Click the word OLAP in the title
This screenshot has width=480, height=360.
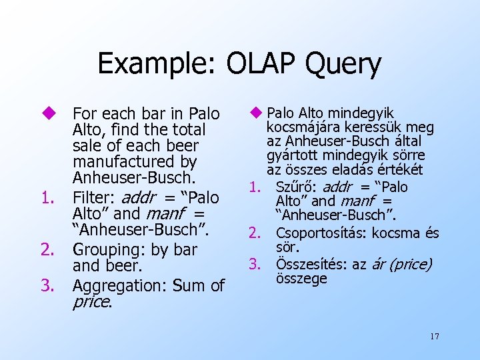(x=257, y=64)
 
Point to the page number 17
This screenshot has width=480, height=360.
(x=434, y=336)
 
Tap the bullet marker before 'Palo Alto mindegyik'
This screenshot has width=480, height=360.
(x=257, y=113)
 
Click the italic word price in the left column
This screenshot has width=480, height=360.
(x=91, y=302)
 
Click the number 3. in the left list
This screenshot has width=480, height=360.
(x=47, y=286)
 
